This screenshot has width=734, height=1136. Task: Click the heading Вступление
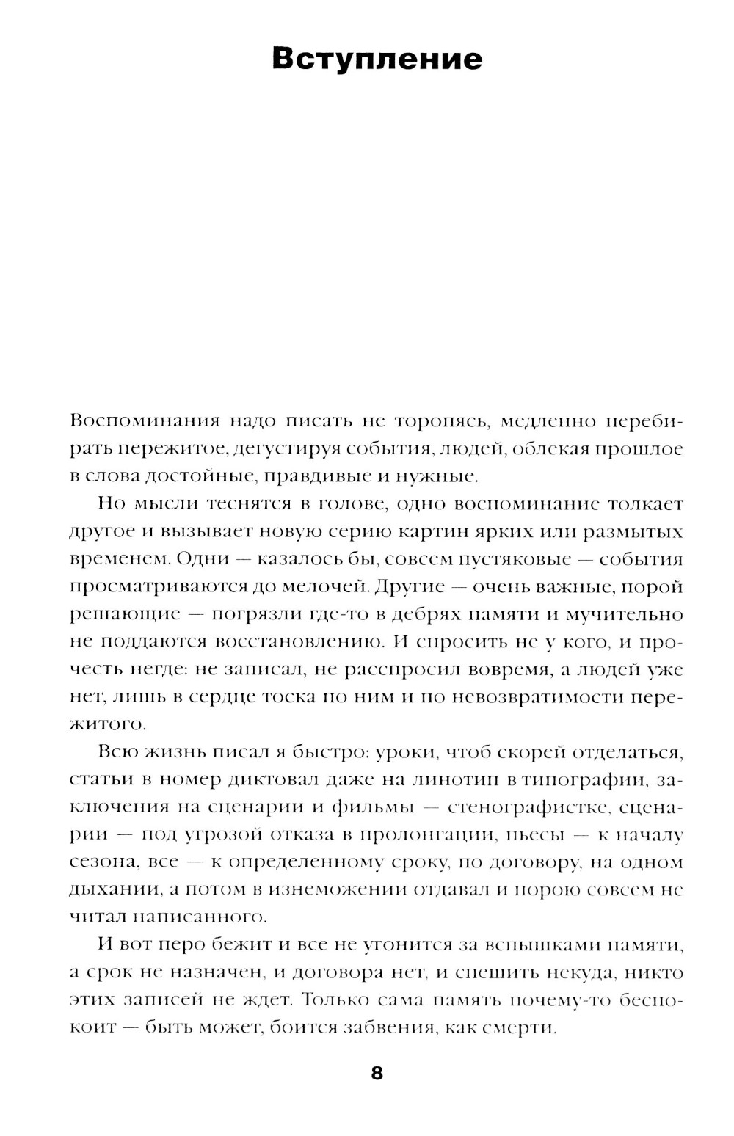click(377, 59)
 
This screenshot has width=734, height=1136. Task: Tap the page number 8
click(377, 1074)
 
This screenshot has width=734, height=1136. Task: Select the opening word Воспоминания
click(135, 422)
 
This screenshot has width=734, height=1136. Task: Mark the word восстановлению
click(300, 641)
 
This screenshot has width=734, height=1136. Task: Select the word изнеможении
click(338, 889)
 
